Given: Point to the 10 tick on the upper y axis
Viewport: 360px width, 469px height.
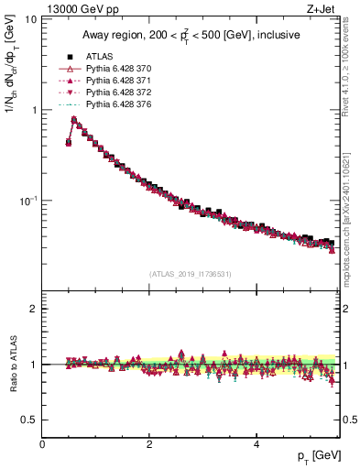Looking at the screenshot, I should tap(31, 19).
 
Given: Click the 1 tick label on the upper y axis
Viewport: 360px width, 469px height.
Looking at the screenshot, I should tap(34, 110).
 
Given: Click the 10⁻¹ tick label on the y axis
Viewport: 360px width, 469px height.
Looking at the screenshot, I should tap(29, 200).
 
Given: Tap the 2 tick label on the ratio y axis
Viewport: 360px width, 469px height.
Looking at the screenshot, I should tap(34, 309).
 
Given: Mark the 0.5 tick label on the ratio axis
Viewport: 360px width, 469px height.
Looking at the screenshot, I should tap(29, 420).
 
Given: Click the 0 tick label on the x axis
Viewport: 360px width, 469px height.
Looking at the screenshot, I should tap(43, 444).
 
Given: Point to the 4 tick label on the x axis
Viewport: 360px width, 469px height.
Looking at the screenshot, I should tap(256, 444).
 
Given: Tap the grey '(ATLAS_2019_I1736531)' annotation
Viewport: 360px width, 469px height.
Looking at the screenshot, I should tap(191, 274).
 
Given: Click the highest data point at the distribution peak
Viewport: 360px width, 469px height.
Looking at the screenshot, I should tap(74, 119).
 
